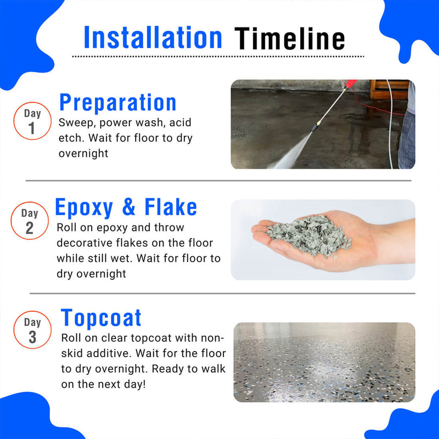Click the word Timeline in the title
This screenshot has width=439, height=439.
coord(290,38)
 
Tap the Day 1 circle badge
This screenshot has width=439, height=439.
coord(32,121)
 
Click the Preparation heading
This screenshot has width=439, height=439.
coord(118,103)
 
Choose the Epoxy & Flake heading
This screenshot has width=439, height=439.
coord(126,207)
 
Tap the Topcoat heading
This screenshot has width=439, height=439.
coord(102,318)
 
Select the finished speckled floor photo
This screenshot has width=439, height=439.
coord(324,362)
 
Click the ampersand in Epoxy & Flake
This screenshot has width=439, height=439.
coord(129,208)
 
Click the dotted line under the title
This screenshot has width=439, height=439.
coord(218,56)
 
